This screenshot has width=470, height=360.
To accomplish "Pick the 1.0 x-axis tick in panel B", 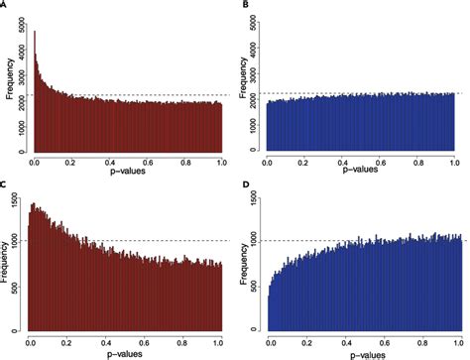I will tap(453, 161).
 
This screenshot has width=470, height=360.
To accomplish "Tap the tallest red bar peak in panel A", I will tap(35, 34).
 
